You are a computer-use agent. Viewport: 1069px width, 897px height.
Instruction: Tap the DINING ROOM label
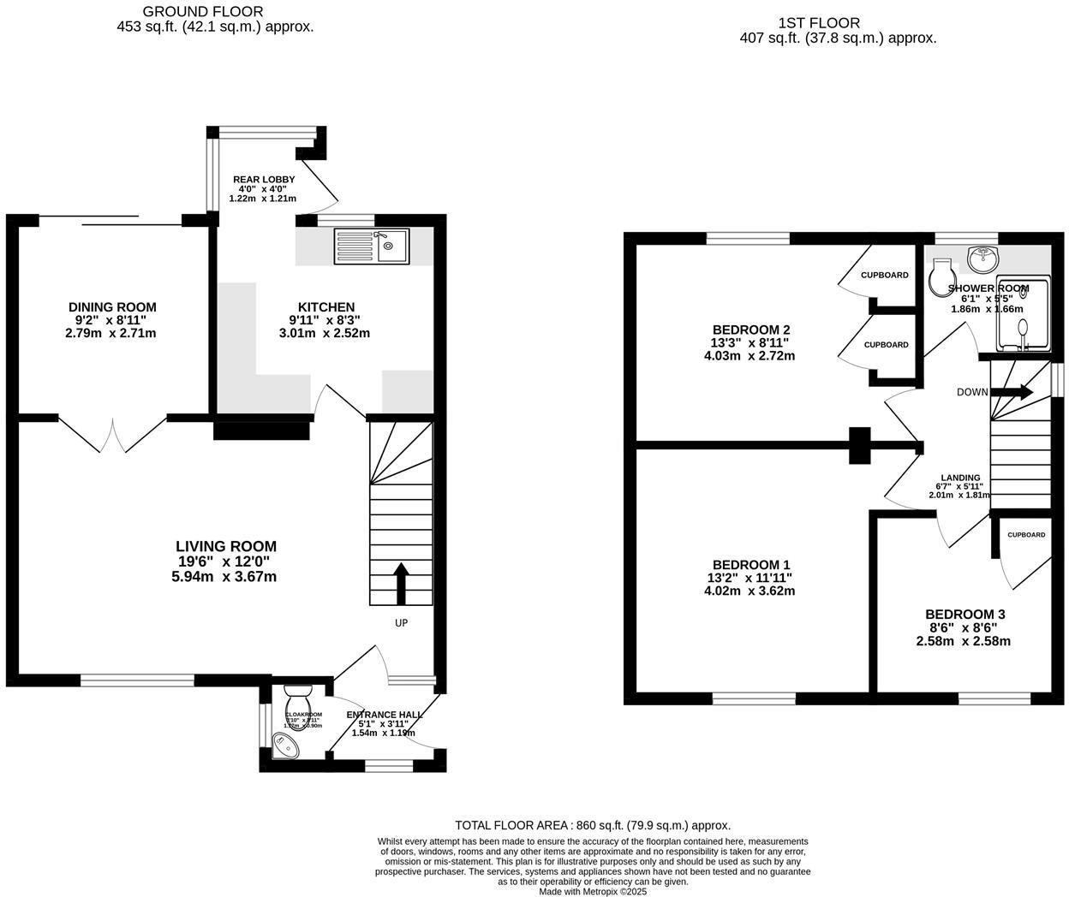click(112, 307)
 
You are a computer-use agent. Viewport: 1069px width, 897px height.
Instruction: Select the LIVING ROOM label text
click(225, 546)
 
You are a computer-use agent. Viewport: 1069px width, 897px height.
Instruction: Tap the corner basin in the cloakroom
click(284, 746)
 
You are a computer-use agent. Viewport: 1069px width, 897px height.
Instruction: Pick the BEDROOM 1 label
click(751, 565)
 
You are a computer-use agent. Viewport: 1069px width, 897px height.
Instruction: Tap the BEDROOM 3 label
click(964, 615)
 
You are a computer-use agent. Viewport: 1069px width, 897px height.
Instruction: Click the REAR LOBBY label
click(264, 180)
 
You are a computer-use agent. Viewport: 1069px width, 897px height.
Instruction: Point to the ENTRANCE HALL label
click(384, 715)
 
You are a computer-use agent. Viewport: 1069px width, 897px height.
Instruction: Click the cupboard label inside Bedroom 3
click(1025, 535)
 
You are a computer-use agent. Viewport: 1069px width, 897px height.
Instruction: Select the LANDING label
click(960, 478)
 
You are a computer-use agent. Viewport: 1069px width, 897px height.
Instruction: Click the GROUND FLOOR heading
click(203, 11)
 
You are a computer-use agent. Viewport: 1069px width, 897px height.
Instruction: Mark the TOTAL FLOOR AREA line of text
click(592, 825)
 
